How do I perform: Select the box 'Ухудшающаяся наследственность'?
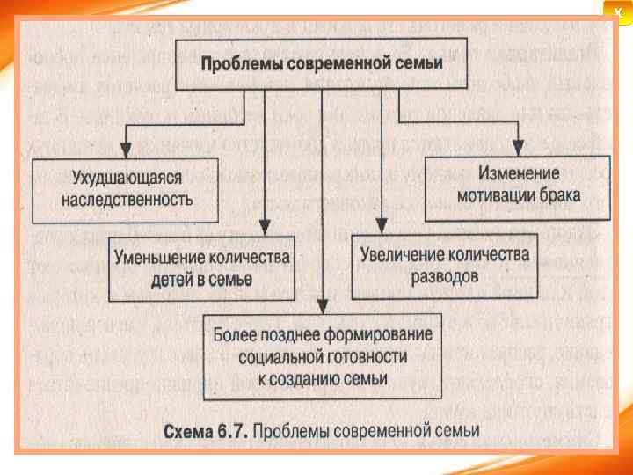[x=125, y=189]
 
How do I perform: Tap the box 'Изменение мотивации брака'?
[x=517, y=182]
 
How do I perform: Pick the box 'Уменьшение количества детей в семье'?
[x=201, y=268]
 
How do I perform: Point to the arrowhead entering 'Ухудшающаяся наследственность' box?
[x=126, y=151]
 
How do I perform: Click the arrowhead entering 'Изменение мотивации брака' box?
[x=520, y=150]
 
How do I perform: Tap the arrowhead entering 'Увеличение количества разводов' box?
[x=381, y=229]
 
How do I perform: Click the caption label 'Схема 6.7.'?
[x=207, y=431]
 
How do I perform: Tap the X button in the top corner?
[x=617, y=8]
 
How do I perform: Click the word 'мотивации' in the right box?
[x=498, y=193]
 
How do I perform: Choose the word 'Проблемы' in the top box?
[x=236, y=64]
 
